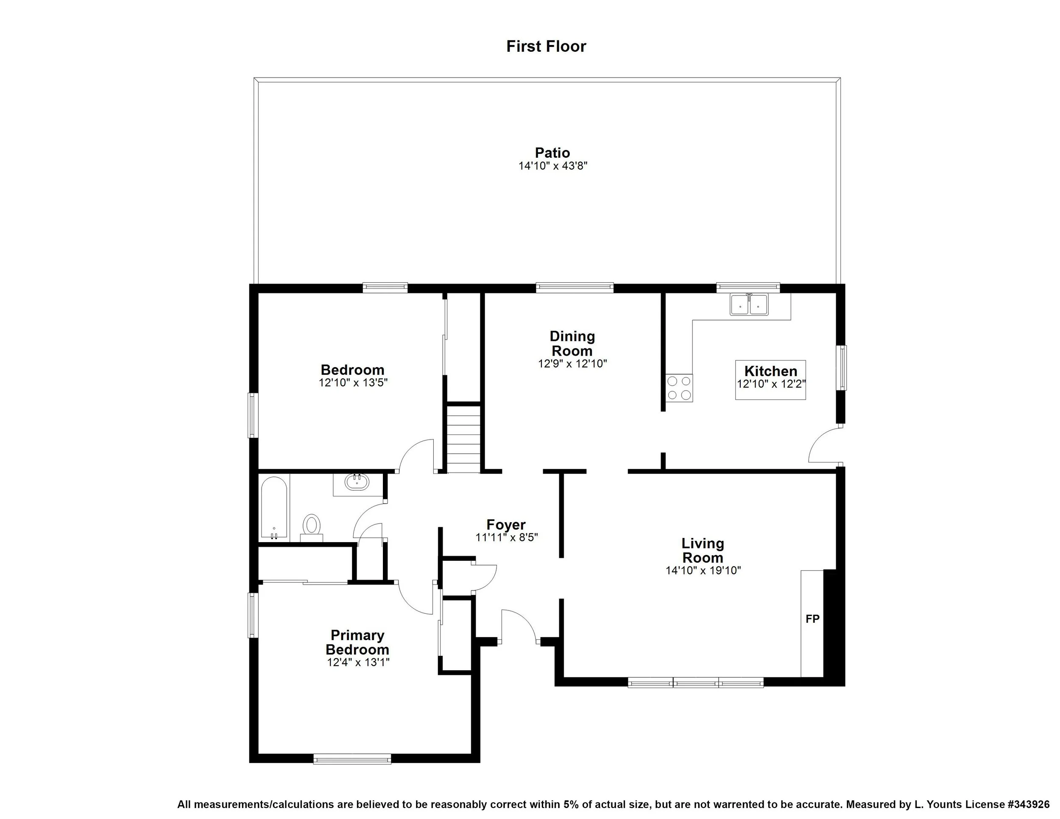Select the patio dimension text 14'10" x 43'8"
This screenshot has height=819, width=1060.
[553, 166]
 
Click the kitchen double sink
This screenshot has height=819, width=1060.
[749, 305]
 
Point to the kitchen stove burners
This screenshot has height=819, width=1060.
[679, 388]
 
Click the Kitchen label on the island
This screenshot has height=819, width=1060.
[771, 371]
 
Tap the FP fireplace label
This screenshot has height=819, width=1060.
[812, 618]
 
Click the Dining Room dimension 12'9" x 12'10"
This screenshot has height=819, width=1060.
[572, 363]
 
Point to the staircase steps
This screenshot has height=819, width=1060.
[463, 439]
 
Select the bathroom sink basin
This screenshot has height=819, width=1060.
[357, 482]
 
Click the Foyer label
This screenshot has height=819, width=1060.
[506, 524]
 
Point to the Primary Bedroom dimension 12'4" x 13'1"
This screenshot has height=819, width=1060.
[358, 662]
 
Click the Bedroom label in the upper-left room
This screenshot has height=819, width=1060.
[352, 370]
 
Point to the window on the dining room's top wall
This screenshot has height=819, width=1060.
[575, 288]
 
